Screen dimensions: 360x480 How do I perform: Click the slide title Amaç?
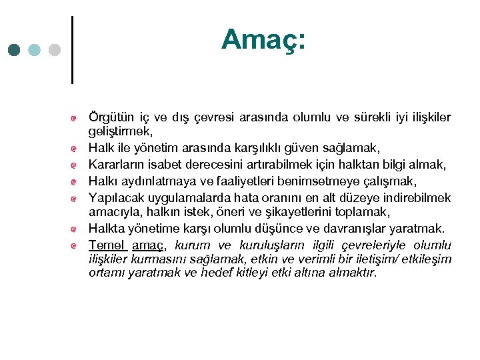tap(263, 39)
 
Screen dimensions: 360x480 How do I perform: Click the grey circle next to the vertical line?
tap(55, 50)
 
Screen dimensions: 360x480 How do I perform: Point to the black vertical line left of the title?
tap(71, 49)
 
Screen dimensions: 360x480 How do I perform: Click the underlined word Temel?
tap(107, 245)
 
